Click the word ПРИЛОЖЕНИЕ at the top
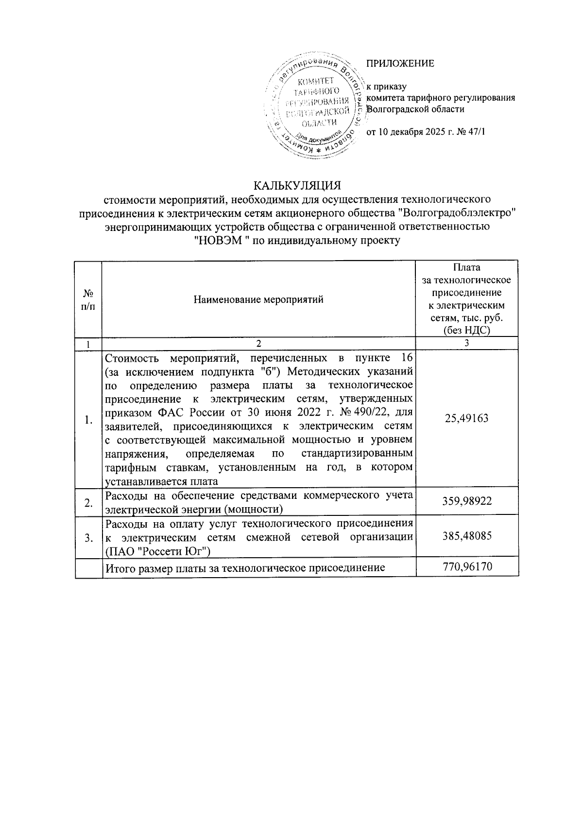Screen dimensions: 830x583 (x=400, y=64)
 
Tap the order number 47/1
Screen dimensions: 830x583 (x=476, y=132)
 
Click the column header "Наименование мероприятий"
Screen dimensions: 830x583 (x=258, y=300)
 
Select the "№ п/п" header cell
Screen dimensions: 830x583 (x=88, y=300)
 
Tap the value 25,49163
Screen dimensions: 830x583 (x=466, y=419)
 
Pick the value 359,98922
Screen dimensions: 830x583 (x=466, y=501)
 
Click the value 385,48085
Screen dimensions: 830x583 (x=466, y=536)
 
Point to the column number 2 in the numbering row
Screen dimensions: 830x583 (x=258, y=343)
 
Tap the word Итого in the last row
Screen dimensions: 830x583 (x=119, y=567)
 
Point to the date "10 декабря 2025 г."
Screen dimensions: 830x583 (x=414, y=132)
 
